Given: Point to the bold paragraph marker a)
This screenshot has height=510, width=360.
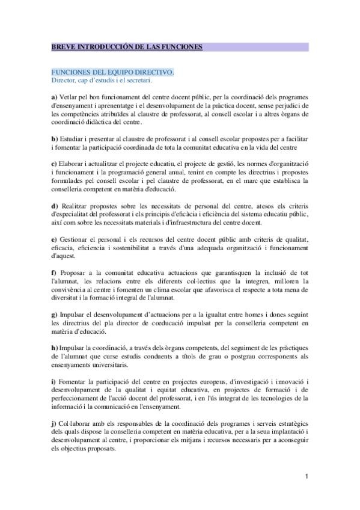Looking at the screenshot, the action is (54, 97).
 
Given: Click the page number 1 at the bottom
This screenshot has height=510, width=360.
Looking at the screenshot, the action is (307, 476).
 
